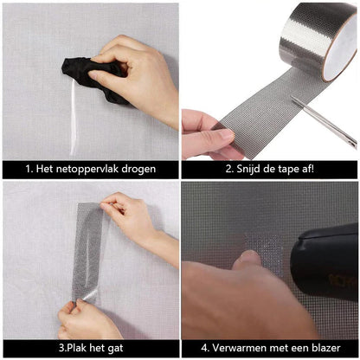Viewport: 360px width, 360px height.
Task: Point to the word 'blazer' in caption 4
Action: pos(325,349)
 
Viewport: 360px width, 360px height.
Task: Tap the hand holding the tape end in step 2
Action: pos(204,134)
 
